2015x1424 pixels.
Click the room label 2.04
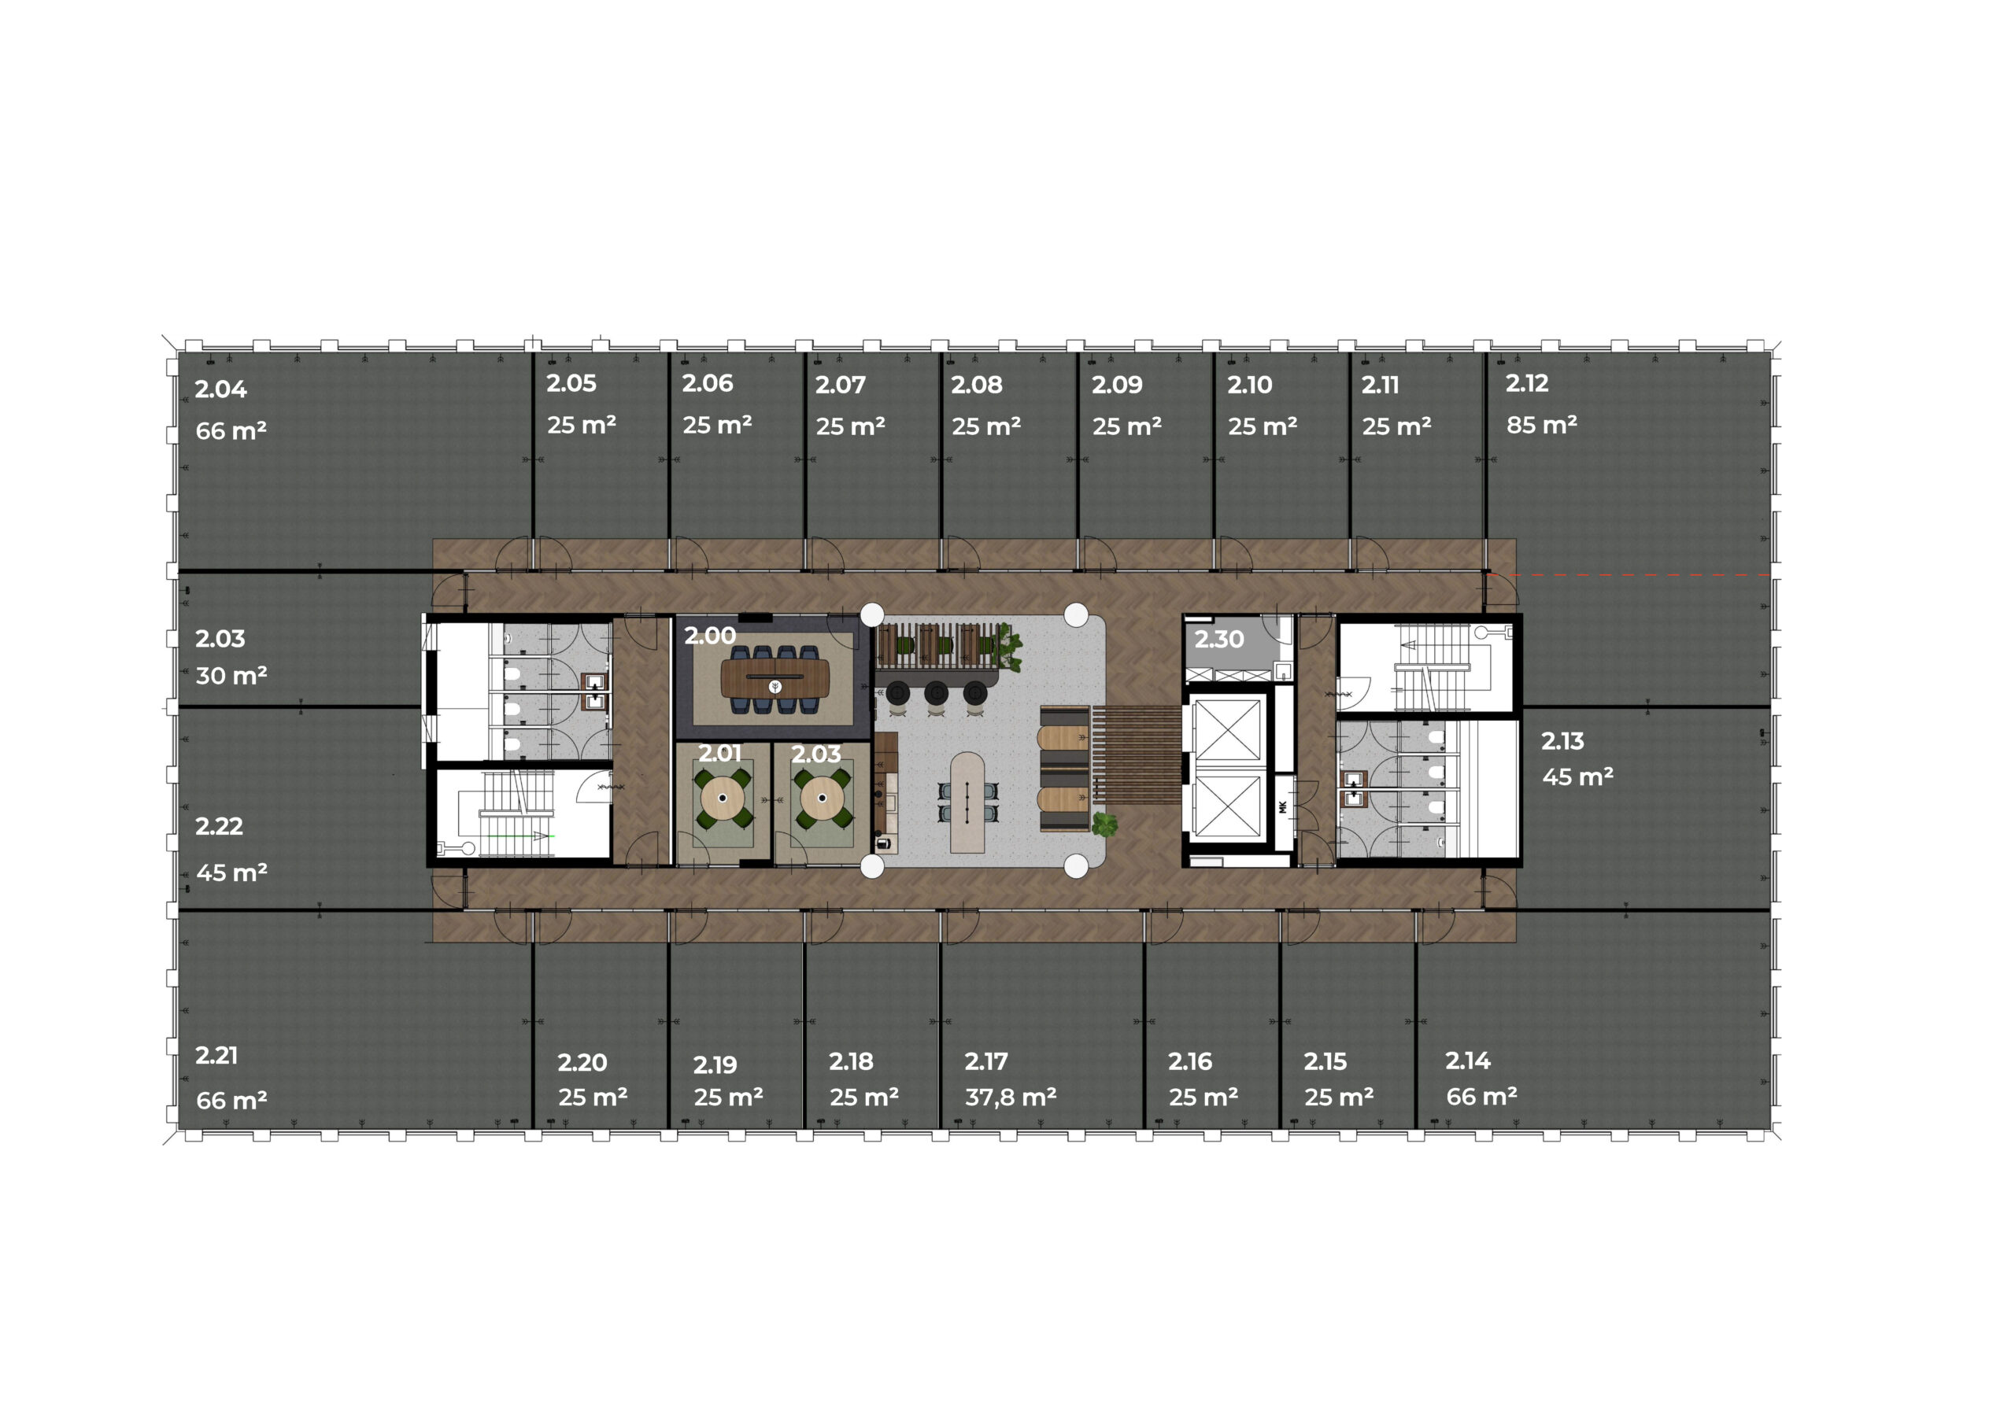pos(220,389)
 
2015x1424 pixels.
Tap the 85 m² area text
pos(1541,425)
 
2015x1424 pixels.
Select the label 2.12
pos(1527,383)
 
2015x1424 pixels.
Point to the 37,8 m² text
pos(1010,1097)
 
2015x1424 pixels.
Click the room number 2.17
pos(986,1061)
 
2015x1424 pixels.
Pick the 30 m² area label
pos(231,676)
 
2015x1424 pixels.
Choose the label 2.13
pos(1562,741)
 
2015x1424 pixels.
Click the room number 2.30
pos(1219,640)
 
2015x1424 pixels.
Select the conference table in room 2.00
pos(775,677)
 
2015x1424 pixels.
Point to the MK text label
pos(1282,807)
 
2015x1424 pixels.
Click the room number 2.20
pos(582,1064)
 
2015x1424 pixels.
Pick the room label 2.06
pos(708,383)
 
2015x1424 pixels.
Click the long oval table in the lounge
pos(967,802)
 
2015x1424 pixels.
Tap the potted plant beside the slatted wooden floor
pos(1104,824)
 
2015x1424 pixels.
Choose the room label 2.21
pos(216,1056)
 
